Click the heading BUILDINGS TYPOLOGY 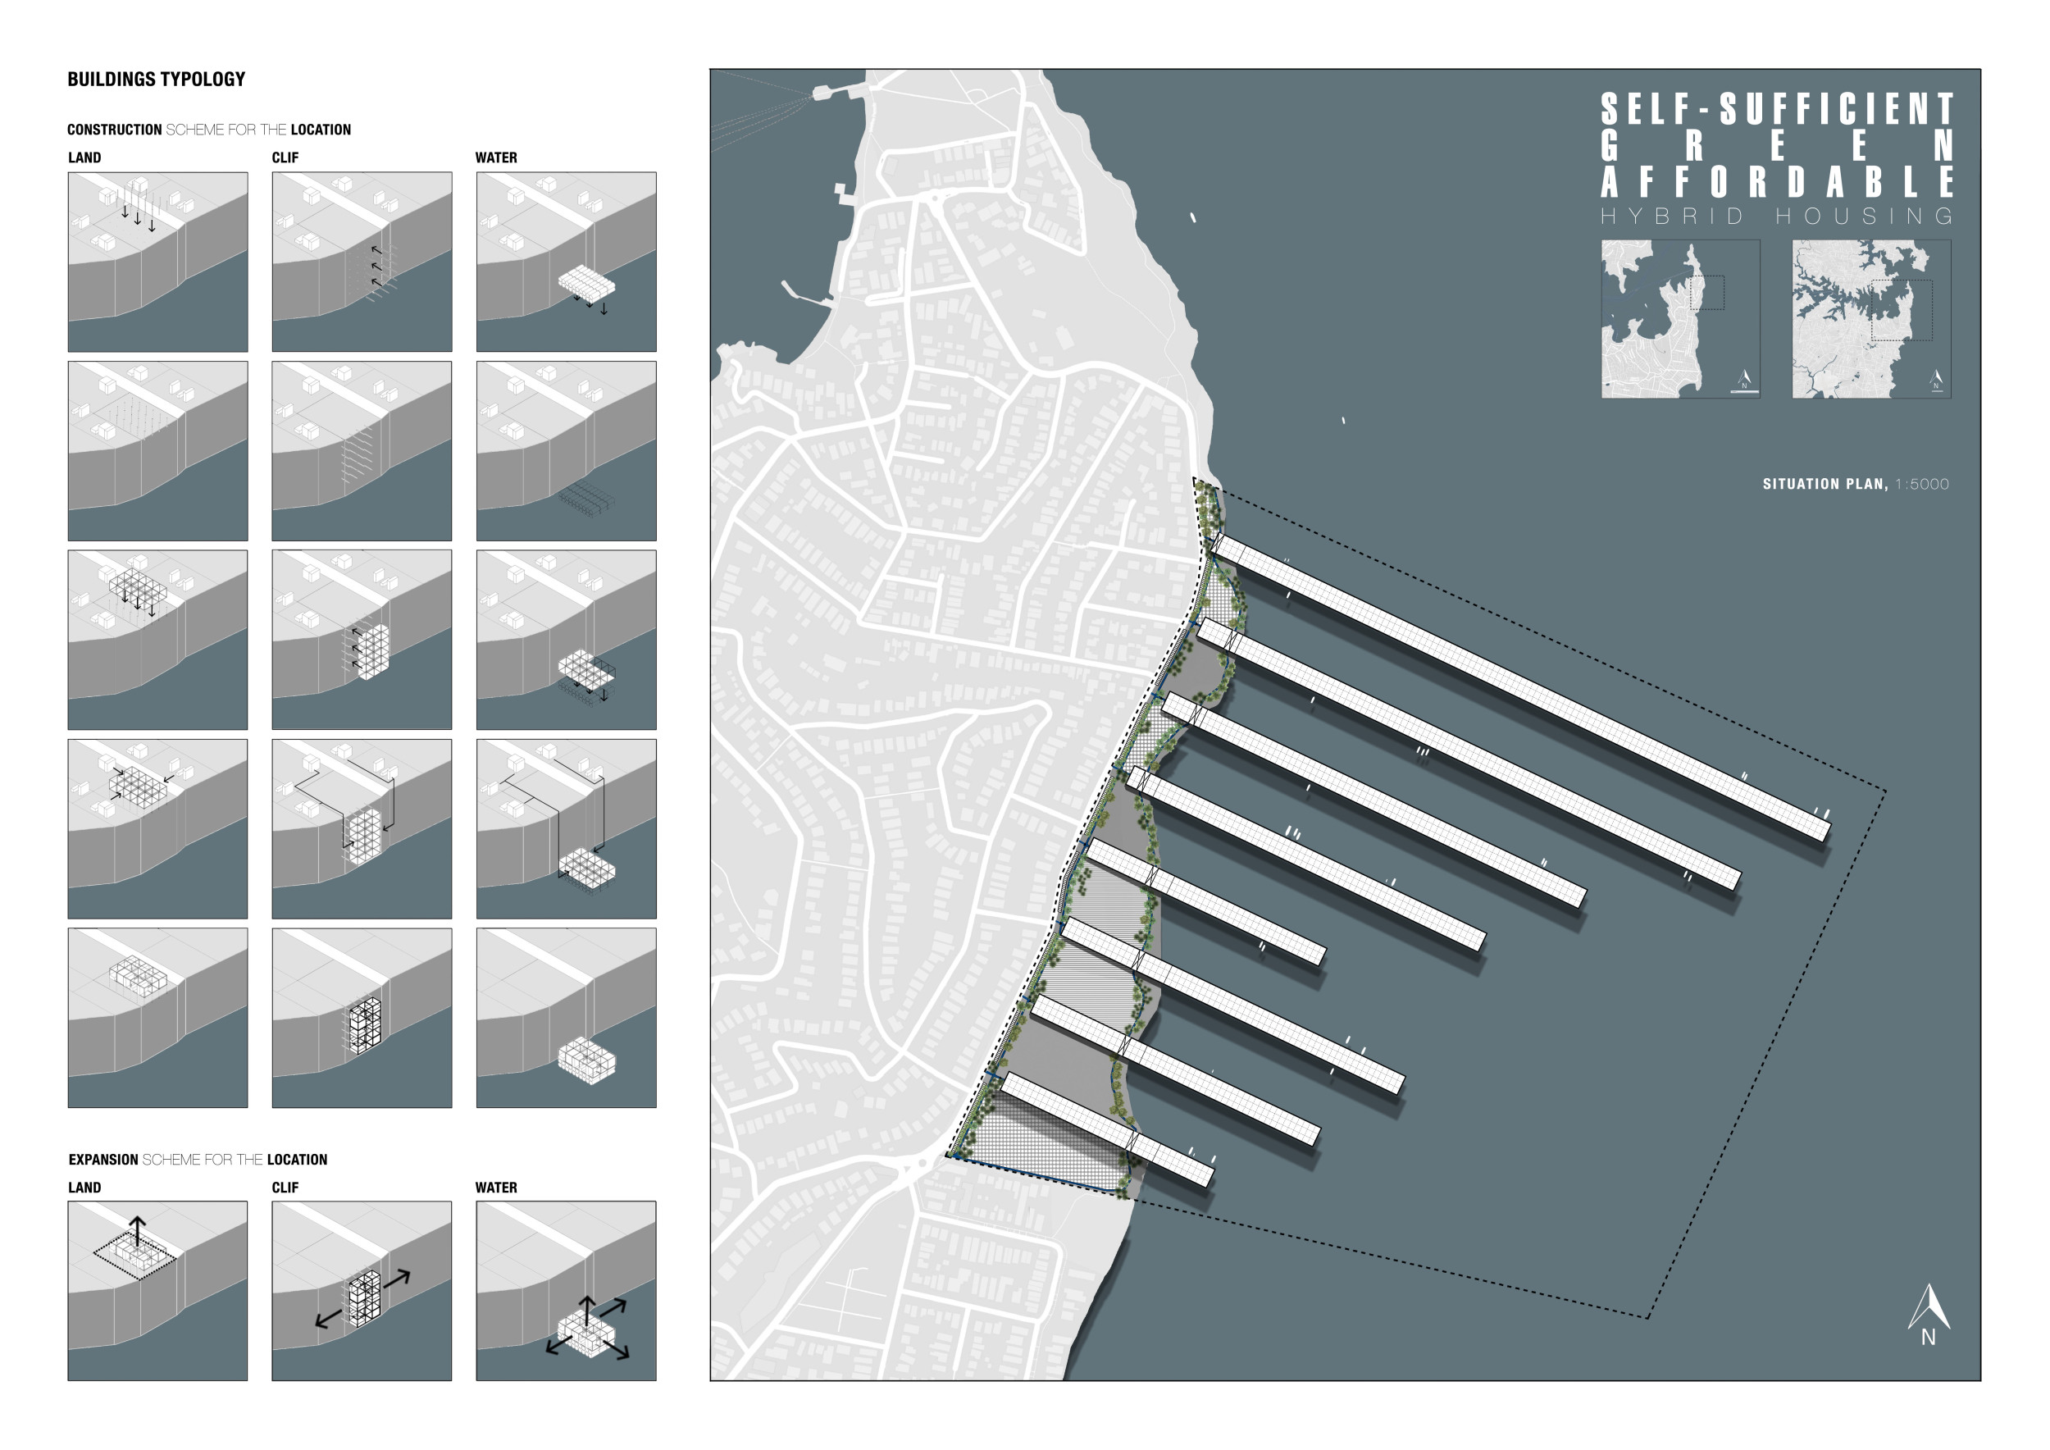(x=157, y=80)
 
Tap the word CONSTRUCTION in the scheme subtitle (x=114, y=130)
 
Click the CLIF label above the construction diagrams (x=285, y=158)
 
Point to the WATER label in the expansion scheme (x=496, y=1188)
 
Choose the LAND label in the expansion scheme (x=84, y=1188)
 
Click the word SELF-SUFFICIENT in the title (x=1777, y=109)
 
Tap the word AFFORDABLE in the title (x=1777, y=182)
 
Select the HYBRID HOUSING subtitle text (x=1777, y=216)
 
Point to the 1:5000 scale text (x=1922, y=484)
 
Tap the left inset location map (x=1680, y=319)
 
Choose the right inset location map (x=1871, y=319)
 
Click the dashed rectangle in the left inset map (x=1707, y=293)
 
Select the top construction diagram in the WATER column (x=566, y=262)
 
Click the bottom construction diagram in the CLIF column (x=362, y=1018)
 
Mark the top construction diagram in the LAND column (x=158, y=262)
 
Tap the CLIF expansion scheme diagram (x=362, y=1290)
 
